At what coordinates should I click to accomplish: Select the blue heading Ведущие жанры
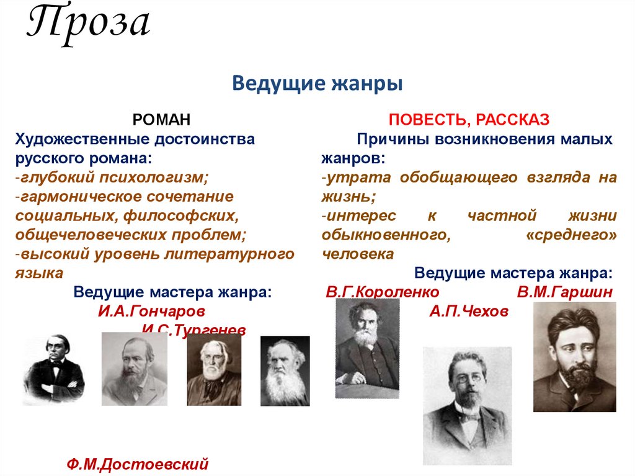pyautogui.click(x=317, y=83)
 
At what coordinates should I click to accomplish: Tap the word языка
pyautogui.click(x=38, y=273)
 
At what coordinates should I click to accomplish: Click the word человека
pyautogui.click(x=358, y=254)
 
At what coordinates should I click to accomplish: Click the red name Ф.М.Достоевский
pyautogui.click(x=137, y=464)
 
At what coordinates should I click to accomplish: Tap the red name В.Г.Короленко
pyautogui.click(x=383, y=292)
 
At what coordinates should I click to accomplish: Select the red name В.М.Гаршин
pyautogui.click(x=565, y=292)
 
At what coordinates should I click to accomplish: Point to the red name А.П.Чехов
pyautogui.click(x=468, y=311)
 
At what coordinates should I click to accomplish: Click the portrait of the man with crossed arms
pyautogui.click(x=53, y=370)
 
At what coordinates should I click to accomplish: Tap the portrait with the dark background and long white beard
pyautogui.click(x=285, y=370)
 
